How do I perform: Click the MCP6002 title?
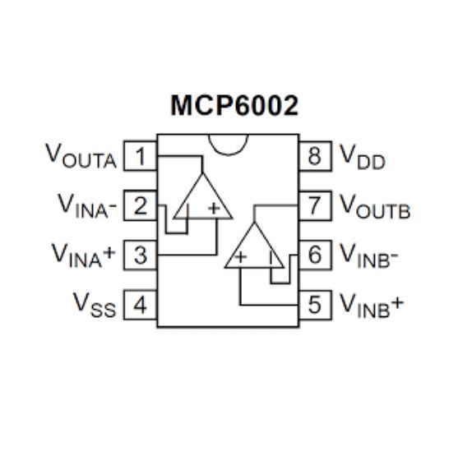tap(234, 105)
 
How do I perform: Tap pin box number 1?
tap(141, 156)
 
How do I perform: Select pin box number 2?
tap(141, 205)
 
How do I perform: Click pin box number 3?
tap(141, 255)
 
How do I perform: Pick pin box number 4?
tap(141, 305)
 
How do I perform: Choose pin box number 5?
tap(315, 305)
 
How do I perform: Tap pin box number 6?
tap(315, 255)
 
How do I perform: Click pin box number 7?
tap(315, 205)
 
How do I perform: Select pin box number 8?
tap(315, 156)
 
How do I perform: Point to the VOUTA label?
tap(81, 156)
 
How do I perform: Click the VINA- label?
tap(87, 205)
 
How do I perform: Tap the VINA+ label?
tap(84, 255)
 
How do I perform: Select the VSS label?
tap(95, 305)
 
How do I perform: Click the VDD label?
tap(363, 157)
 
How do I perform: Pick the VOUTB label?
tap(375, 206)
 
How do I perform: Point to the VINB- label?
tap(369, 255)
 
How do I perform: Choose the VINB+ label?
tap(372, 306)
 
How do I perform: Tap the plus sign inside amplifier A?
tap(215, 208)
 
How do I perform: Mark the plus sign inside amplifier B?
tap(240, 257)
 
